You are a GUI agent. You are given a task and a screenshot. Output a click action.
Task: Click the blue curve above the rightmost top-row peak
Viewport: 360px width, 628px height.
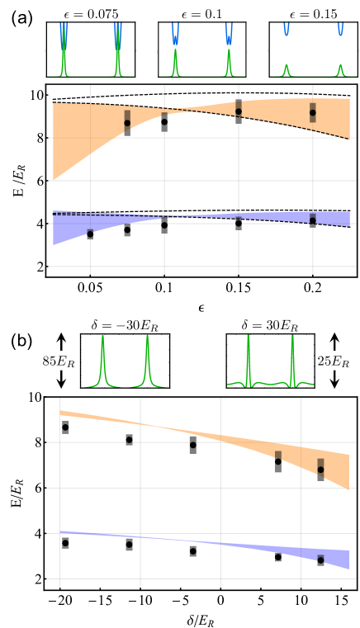(x=340, y=30)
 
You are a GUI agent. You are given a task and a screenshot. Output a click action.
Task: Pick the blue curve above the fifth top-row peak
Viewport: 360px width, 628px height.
(x=287, y=30)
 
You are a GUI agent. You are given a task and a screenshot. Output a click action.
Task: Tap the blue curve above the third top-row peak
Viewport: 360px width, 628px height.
(x=175, y=33)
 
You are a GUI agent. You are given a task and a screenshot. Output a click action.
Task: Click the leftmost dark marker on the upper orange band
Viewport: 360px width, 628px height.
(x=127, y=119)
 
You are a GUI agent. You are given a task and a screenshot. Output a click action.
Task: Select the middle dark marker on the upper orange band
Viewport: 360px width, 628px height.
(x=239, y=108)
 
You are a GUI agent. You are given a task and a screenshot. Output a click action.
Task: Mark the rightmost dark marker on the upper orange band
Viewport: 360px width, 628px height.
(x=313, y=112)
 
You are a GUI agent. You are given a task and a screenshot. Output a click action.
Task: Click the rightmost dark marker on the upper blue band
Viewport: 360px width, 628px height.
(x=313, y=220)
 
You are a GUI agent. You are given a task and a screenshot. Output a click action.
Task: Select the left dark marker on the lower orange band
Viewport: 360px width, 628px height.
(x=278, y=456)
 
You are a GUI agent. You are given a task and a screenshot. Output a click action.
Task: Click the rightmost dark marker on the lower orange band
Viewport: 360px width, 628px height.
(x=320, y=466)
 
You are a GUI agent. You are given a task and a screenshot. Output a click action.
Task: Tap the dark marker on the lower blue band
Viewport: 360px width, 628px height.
(x=320, y=558)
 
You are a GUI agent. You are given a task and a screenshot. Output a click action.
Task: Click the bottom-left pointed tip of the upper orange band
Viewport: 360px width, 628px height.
(x=54, y=178)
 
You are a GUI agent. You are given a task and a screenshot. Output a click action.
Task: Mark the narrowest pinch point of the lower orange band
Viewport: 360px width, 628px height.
(x=140, y=424)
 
